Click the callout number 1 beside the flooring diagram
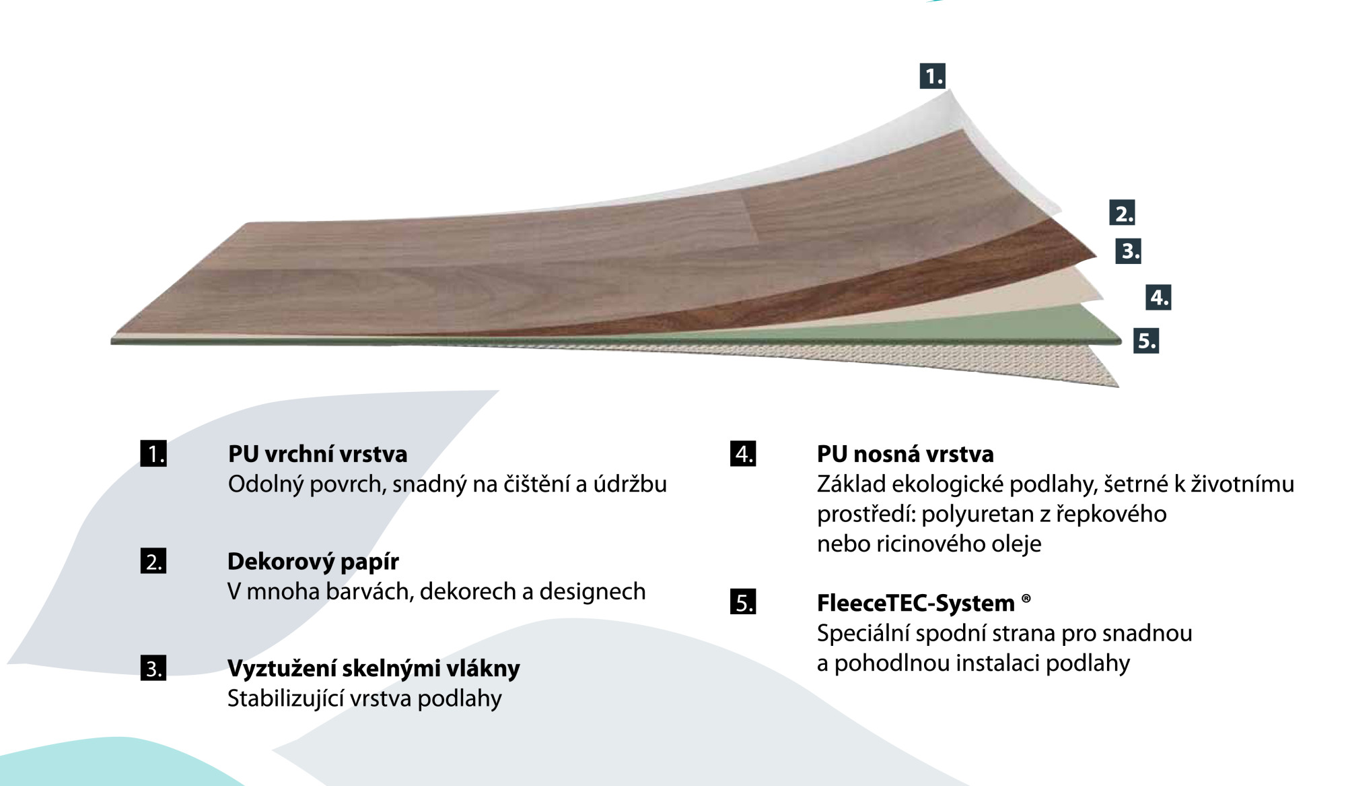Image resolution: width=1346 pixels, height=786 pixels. click(x=933, y=75)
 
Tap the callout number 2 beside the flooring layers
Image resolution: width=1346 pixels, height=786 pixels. click(x=1122, y=213)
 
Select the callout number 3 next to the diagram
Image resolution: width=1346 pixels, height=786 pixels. click(x=1129, y=251)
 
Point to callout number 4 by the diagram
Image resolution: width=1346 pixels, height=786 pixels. click(x=1158, y=297)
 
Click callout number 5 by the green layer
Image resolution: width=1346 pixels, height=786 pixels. click(x=1146, y=341)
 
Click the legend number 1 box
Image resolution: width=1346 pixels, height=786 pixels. click(x=153, y=453)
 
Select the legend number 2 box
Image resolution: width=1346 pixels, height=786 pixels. click(x=153, y=561)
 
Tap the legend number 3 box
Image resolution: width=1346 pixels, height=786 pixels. click(x=153, y=668)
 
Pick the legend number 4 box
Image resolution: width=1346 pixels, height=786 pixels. click(x=743, y=453)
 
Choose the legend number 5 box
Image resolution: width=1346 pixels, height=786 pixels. click(x=743, y=601)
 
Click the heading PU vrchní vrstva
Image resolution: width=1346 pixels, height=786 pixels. click(x=318, y=454)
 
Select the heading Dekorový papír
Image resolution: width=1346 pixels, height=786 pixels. click(x=313, y=562)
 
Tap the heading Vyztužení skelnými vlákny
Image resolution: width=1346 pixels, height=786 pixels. click(x=374, y=669)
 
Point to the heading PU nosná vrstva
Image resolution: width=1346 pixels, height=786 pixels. click(x=905, y=454)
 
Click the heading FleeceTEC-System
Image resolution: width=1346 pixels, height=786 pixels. click(x=916, y=603)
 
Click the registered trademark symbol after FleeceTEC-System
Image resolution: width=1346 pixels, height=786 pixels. click(x=1026, y=597)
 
